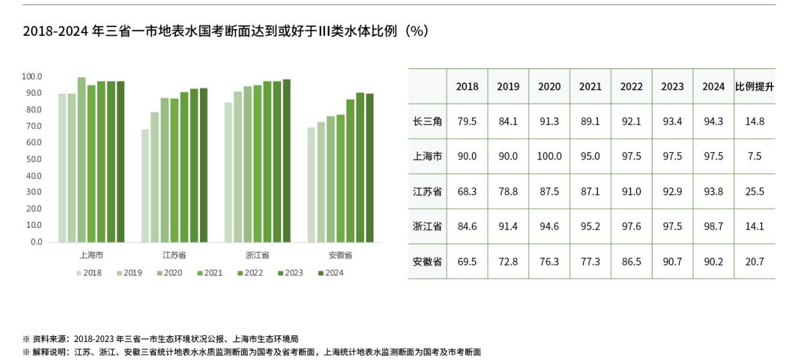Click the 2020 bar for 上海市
[82, 160]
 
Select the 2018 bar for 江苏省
[145, 186]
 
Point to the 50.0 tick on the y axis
[32, 159]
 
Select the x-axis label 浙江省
[257, 255]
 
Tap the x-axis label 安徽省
[340, 255]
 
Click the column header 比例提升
[754, 86]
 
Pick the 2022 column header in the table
[631, 86]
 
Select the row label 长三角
[427, 122]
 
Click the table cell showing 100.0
[549, 157]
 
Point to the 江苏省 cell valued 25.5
[754, 192]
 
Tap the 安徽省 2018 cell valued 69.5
[466, 262]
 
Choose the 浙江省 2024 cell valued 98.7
[713, 226]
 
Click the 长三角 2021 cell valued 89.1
[590, 122]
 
